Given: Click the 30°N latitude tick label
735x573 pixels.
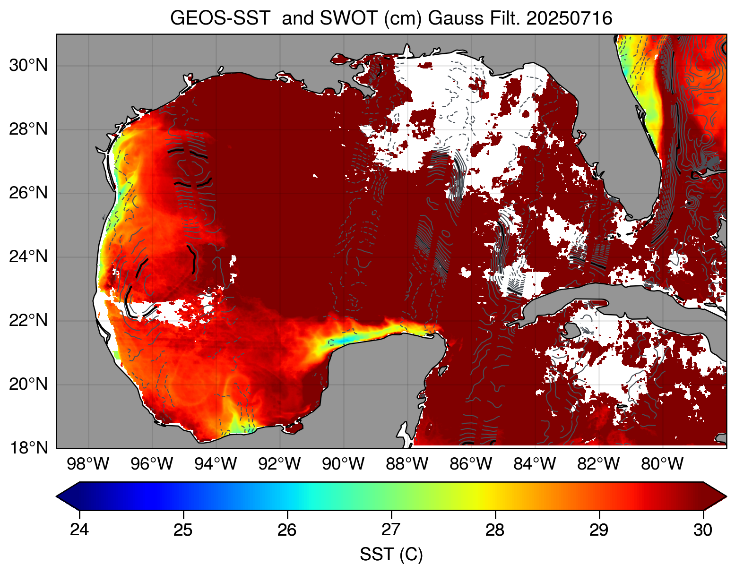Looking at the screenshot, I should click(x=28, y=66).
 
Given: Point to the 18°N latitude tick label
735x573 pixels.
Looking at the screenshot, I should click(x=28, y=448).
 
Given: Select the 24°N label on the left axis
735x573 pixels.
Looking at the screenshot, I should click(x=28, y=257).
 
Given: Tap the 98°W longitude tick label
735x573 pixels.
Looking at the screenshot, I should click(x=88, y=464).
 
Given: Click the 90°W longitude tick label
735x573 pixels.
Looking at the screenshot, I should click(x=344, y=464).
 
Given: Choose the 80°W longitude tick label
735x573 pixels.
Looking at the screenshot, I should click(x=662, y=464).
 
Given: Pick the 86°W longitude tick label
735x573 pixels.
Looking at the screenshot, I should click(x=471, y=464).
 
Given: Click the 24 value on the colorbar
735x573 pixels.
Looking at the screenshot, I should click(x=79, y=530).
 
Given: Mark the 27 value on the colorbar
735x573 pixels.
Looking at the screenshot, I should click(x=391, y=530).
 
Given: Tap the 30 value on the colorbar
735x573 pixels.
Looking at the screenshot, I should click(x=703, y=530).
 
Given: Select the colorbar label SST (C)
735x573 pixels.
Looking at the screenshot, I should click(x=391, y=555).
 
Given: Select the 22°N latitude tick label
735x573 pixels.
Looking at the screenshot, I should click(x=28, y=321).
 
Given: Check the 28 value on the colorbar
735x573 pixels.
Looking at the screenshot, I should click(x=495, y=530).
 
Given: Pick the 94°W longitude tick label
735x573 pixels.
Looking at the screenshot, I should click(x=216, y=464).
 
